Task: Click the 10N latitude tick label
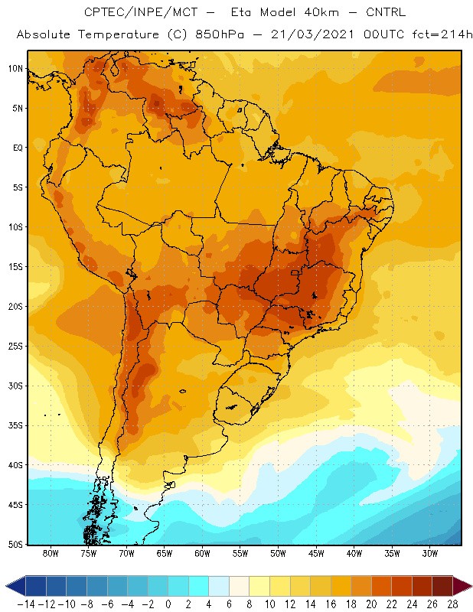tap(15, 69)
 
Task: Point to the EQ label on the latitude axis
tap(18, 148)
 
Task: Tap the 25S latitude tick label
tap(15, 347)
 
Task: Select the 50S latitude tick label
tap(15, 545)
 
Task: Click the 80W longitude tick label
tap(51, 553)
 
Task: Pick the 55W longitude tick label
tap(240, 553)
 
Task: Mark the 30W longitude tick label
tap(430, 553)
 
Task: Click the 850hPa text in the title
tap(220, 34)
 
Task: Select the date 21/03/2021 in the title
tap(312, 34)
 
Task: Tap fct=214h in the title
tap(442, 34)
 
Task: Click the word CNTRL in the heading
tap(386, 12)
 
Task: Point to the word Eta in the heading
tap(240, 12)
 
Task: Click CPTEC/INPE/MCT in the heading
tap(141, 12)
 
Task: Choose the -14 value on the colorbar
tap(26, 604)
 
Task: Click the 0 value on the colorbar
tap(168, 604)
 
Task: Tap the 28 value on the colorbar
tap(452, 604)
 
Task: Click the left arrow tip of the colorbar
tap(6, 586)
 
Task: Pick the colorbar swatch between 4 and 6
tap(219, 586)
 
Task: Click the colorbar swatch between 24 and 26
tap(422, 586)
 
